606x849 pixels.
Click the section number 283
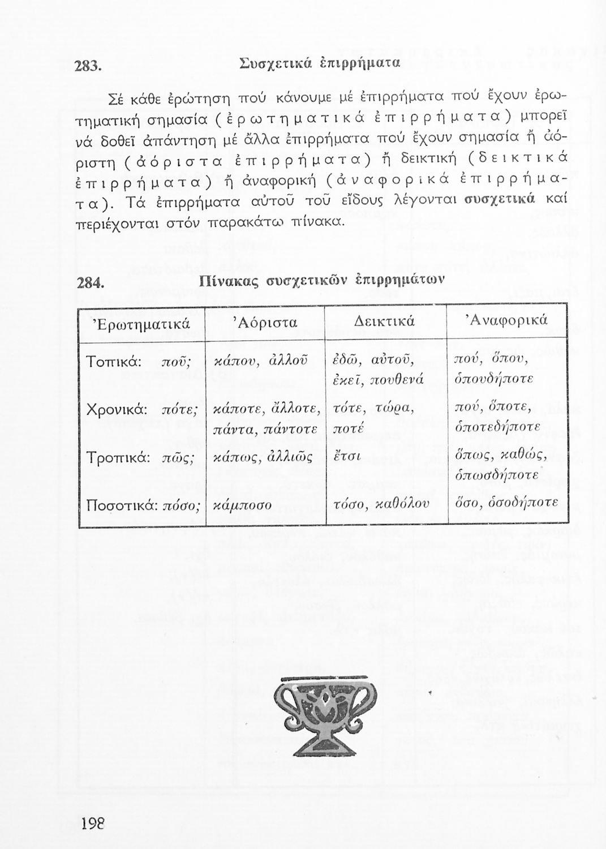click(88, 66)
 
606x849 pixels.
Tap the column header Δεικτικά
click(385, 321)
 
